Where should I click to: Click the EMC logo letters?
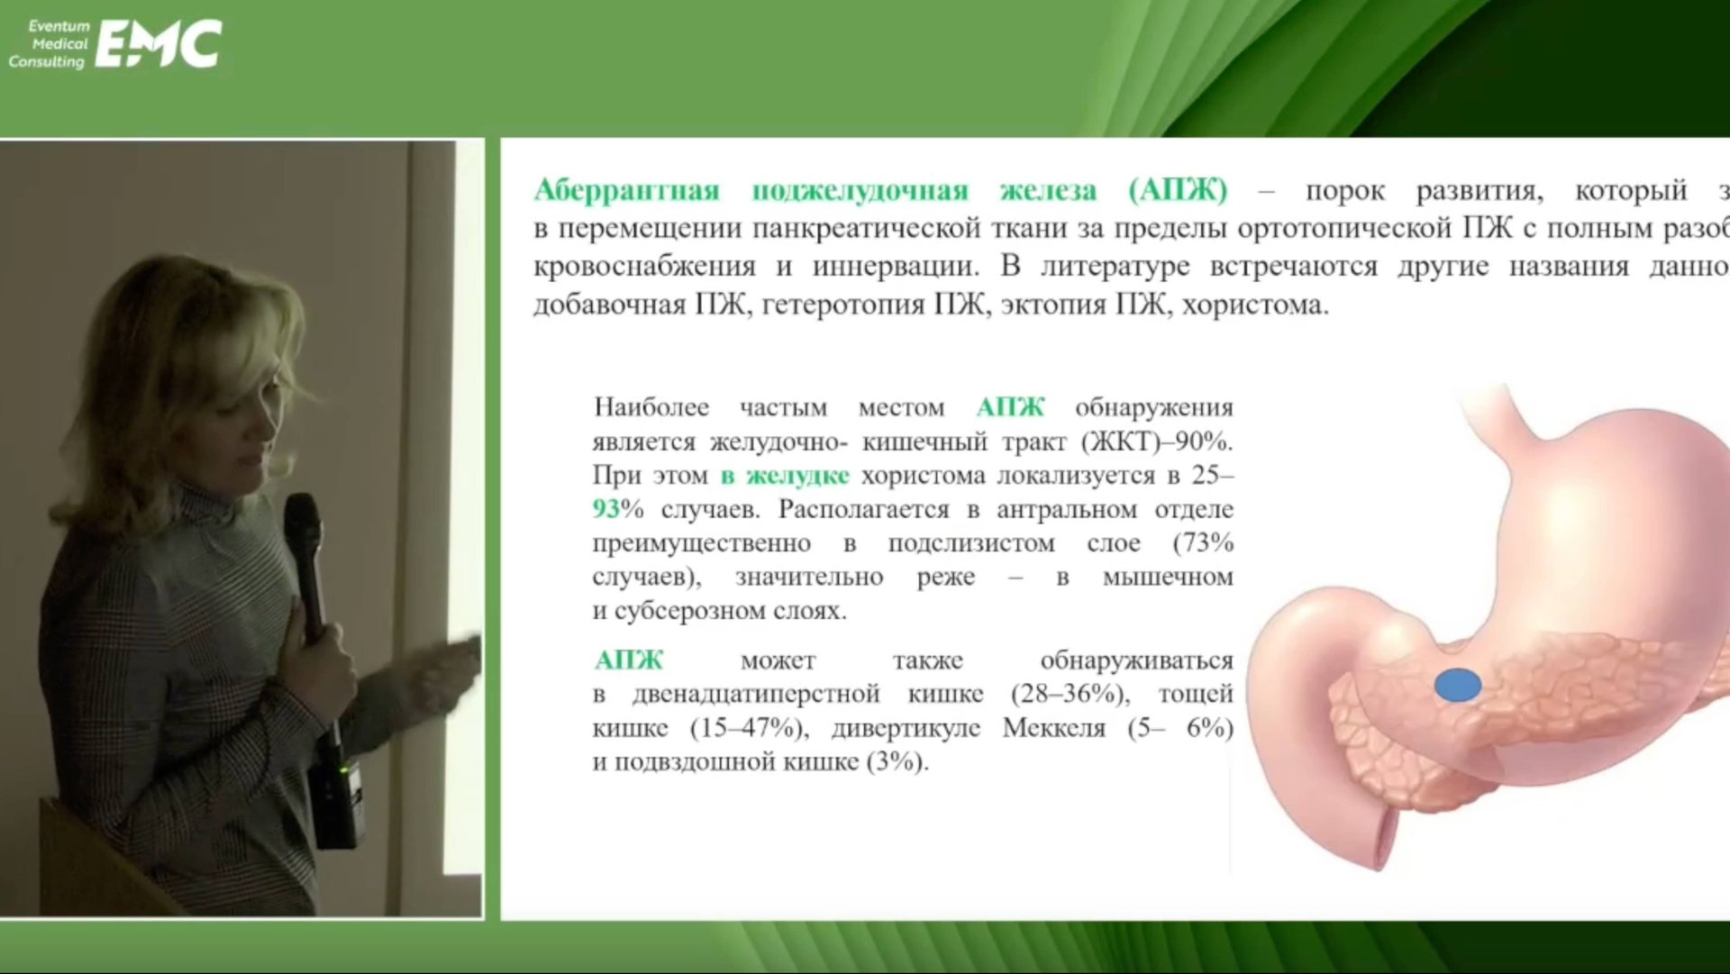click(159, 45)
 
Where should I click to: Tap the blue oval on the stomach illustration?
click(1457, 686)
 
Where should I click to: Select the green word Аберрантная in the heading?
click(627, 190)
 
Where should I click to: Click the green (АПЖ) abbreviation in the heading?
click(1178, 190)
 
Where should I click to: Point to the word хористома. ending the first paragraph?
click(1255, 305)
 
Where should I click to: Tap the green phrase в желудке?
click(785, 476)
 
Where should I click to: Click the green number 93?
click(606, 510)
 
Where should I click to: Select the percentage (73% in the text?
click(1203, 543)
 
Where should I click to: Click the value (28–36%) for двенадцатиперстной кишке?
click(1069, 694)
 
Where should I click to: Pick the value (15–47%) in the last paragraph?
click(746, 728)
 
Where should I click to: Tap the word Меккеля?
click(1053, 728)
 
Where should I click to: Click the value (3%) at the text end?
click(897, 762)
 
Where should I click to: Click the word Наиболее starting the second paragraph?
click(651, 407)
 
